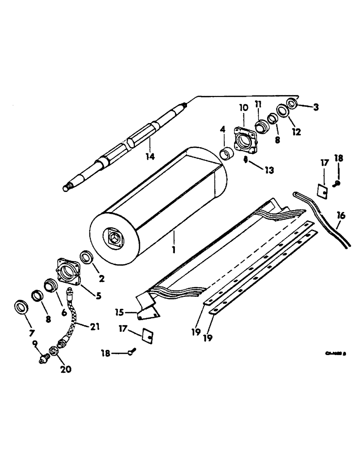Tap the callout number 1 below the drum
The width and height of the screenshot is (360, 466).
point(173,250)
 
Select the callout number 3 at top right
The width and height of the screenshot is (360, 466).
point(316,108)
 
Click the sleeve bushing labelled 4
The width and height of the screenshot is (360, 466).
point(227,153)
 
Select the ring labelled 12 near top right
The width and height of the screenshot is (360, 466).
point(283,111)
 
